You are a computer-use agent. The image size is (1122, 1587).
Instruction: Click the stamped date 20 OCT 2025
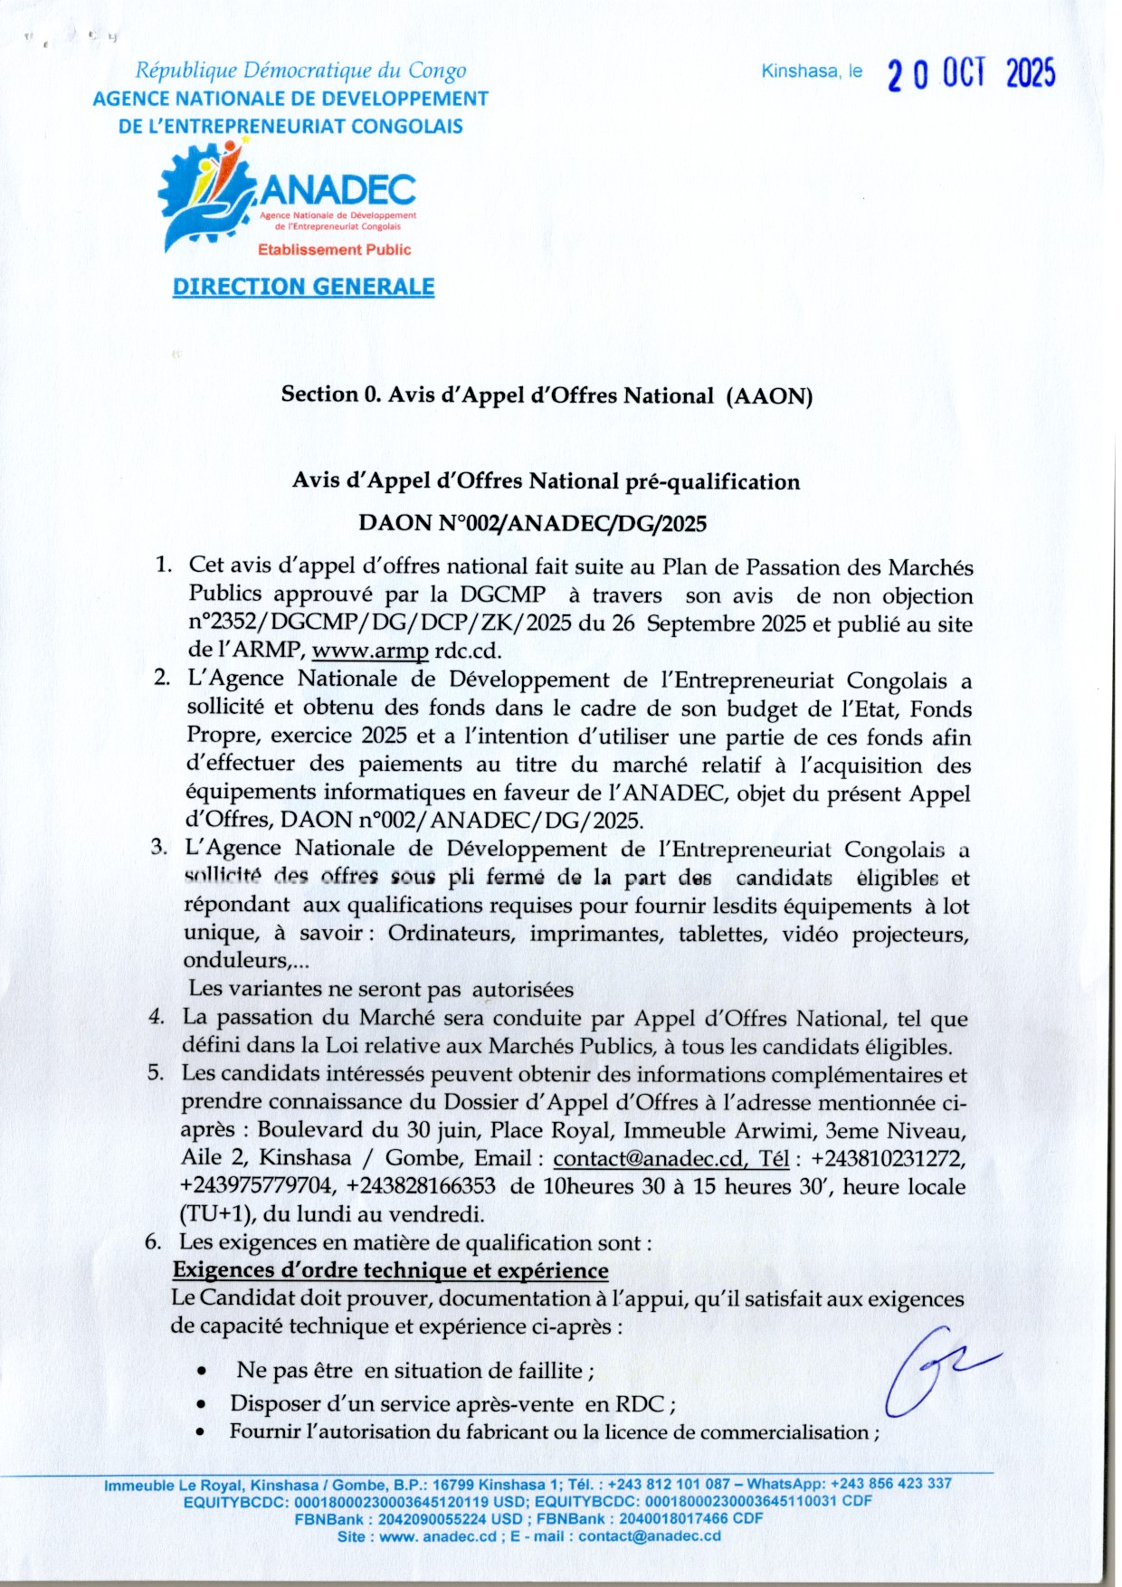click(971, 73)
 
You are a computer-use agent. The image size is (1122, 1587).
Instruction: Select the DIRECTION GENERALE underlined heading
click(303, 287)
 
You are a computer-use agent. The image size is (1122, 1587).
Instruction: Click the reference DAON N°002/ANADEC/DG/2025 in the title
click(532, 523)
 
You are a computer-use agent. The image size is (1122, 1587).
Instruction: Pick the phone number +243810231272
click(888, 1158)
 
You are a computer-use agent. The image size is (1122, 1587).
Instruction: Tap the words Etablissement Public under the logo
click(334, 250)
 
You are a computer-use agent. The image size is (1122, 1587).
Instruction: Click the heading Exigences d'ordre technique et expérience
click(390, 1270)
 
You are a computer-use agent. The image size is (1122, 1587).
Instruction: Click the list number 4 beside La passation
click(157, 1017)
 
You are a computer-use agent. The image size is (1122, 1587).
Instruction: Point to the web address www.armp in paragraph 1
click(370, 651)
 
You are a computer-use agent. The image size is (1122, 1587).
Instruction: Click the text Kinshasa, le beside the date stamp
click(812, 71)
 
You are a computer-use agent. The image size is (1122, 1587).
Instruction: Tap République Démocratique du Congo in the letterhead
click(300, 70)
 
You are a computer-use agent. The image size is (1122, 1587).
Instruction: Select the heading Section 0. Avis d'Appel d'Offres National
click(547, 395)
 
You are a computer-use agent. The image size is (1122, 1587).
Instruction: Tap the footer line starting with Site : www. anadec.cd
click(528, 1536)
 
